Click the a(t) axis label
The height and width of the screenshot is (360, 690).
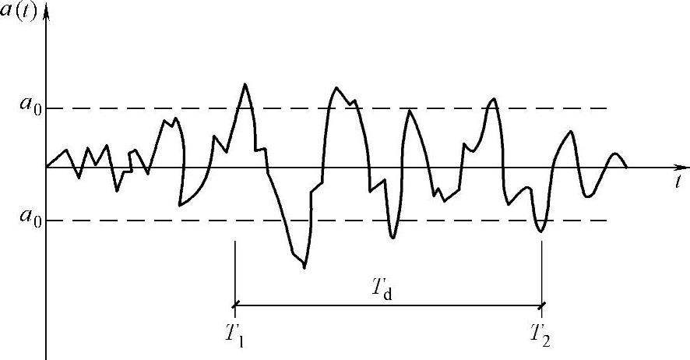[21, 12]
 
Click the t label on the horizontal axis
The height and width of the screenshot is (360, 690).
[680, 182]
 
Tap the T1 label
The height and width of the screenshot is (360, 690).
[234, 334]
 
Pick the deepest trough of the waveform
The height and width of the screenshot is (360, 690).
[304, 268]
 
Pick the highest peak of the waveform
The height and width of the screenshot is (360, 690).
[245, 83]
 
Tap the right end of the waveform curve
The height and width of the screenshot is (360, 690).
[626, 166]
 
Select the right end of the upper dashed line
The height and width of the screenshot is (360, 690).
[606, 108]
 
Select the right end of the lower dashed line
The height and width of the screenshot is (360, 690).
[606, 221]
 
